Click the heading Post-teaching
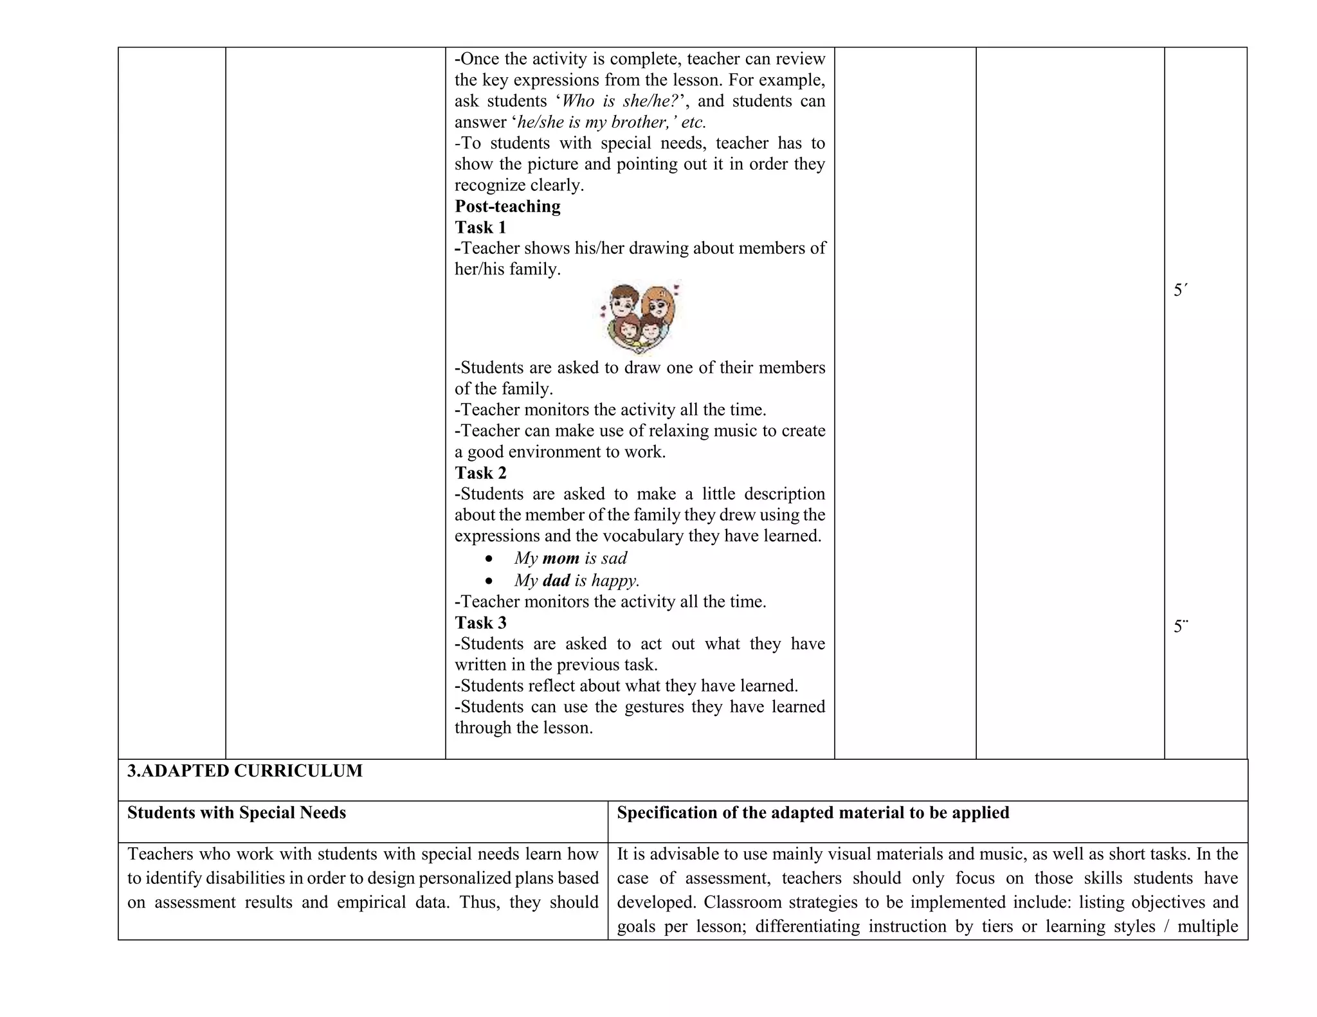point(507,206)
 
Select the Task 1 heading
point(480,228)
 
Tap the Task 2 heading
point(480,473)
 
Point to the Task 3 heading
point(480,623)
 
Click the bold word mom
point(561,558)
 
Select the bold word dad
point(556,580)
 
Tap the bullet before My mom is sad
point(490,559)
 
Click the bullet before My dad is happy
point(490,581)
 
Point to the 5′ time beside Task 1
point(1180,291)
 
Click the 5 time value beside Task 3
point(1180,627)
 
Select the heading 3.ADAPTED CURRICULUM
point(244,771)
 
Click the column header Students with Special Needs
point(237,813)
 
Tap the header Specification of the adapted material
point(813,813)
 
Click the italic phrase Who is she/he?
point(616,101)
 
